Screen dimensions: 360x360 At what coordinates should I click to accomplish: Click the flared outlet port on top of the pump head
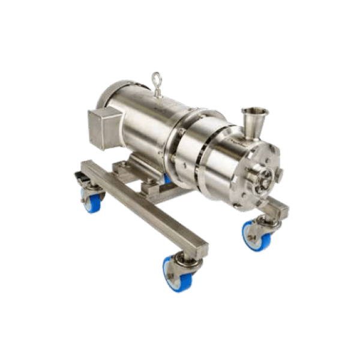pyautogui.click(x=254, y=120)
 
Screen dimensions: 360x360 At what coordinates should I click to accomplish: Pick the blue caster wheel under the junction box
pyautogui.click(x=91, y=201)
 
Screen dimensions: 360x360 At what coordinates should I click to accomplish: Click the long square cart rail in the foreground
pyautogui.click(x=144, y=207)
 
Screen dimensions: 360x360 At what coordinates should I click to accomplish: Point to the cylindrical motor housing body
pyautogui.click(x=144, y=120)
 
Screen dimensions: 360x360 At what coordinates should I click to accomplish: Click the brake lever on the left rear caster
pyautogui.click(x=79, y=178)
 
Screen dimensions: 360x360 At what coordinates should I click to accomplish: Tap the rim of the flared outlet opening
pyautogui.click(x=254, y=111)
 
